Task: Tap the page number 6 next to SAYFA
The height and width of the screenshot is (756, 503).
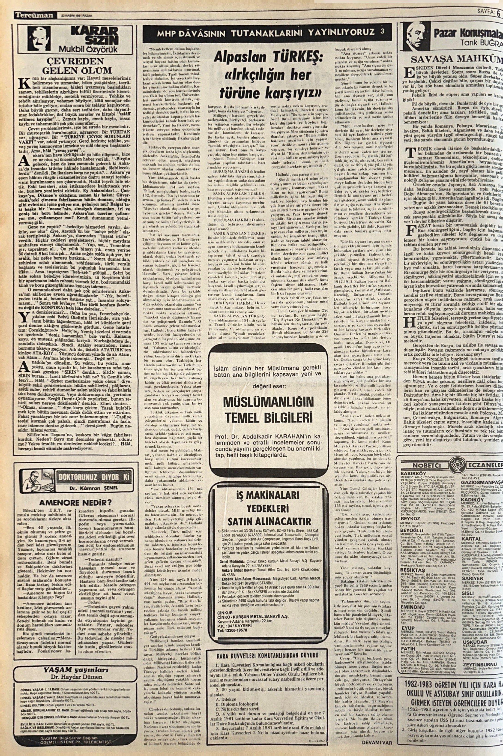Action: (x=498, y=13)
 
